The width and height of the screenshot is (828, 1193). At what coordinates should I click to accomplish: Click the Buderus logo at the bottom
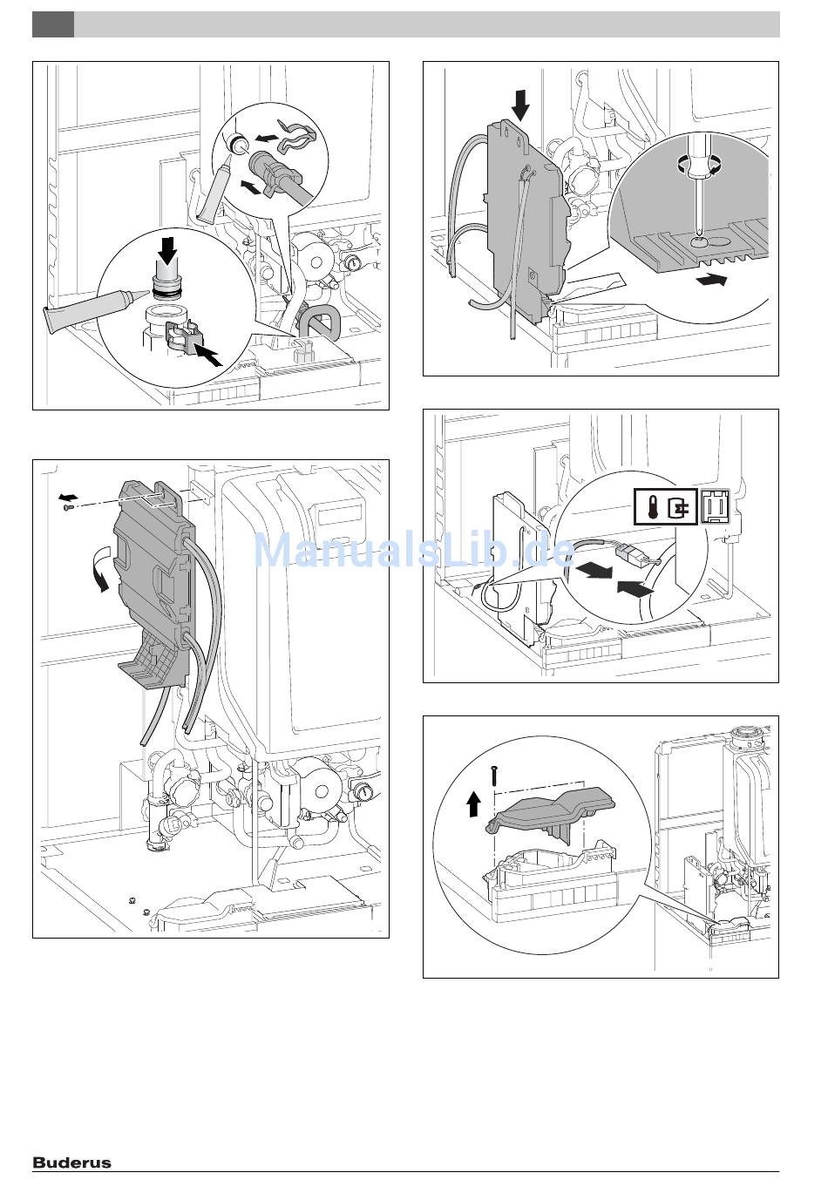pyautogui.click(x=72, y=1162)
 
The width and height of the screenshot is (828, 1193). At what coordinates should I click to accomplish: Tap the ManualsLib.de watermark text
pyautogui.click(x=413, y=551)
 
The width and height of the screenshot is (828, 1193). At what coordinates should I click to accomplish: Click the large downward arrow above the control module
pyautogui.click(x=520, y=105)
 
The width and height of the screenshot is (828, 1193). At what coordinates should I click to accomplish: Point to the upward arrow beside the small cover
pyautogui.click(x=473, y=803)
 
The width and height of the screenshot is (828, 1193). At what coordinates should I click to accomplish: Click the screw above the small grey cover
pyautogui.click(x=494, y=772)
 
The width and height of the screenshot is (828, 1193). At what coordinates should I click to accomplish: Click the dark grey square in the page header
pyautogui.click(x=52, y=24)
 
